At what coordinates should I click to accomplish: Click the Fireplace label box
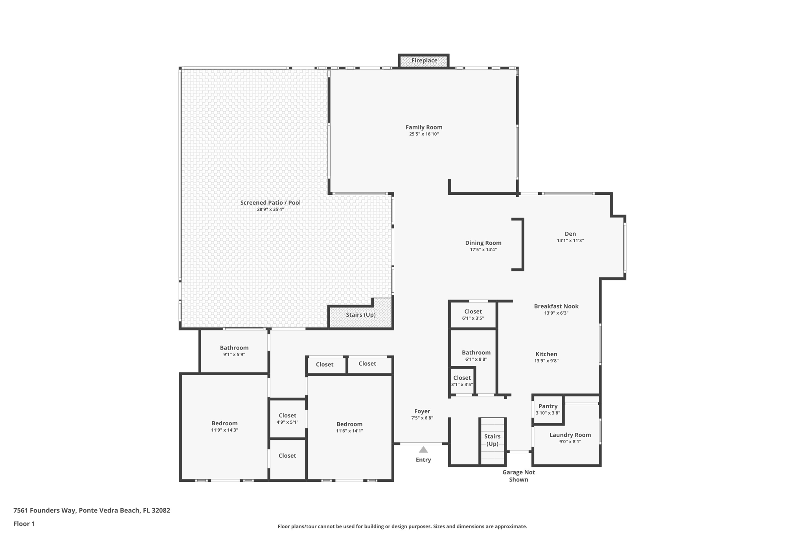coord(424,61)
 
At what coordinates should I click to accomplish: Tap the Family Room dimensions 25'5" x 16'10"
coord(424,134)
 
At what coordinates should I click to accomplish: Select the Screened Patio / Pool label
coord(270,203)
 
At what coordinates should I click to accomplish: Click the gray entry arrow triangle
coord(423,450)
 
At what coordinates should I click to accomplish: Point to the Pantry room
coord(548,409)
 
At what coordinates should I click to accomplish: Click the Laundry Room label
coord(570,435)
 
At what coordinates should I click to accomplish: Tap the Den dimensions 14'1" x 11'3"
coord(570,240)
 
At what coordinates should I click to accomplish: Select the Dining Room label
coord(483,243)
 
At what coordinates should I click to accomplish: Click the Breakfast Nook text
coord(556,306)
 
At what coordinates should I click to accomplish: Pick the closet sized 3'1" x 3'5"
coord(462,381)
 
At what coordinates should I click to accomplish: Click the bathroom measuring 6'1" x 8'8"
coord(476,355)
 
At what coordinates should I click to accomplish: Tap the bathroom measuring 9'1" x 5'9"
coord(234,351)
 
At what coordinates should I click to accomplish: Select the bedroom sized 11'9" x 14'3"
coord(224,426)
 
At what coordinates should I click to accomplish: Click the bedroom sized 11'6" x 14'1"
coord(349,427)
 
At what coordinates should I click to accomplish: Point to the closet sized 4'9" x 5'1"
coord(287,418)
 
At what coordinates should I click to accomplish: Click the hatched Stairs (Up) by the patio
coord(360,315)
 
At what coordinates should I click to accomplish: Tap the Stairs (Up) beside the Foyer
coord(492,440)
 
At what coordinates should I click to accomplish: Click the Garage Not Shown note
coord(518,476)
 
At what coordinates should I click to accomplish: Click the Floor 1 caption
coord(24,524)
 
